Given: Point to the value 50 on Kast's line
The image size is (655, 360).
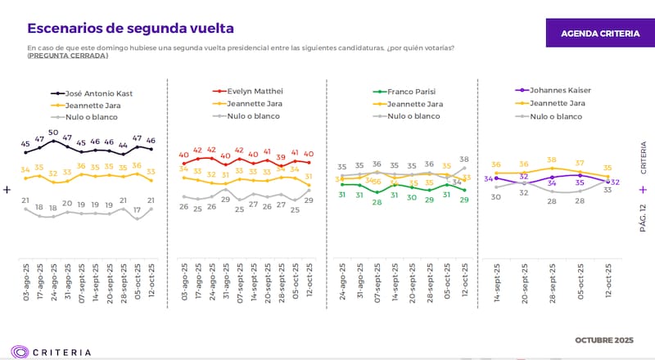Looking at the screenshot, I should [x=53, y=133].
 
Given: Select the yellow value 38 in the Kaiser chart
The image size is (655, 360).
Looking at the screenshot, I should [x=552, y=160].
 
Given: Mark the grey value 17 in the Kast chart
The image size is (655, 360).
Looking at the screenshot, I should [x=138, y=209].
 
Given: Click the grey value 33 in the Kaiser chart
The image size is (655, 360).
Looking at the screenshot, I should [x=608, y=190].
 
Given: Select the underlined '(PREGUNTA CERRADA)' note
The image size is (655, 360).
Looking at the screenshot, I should [x=67, y=56].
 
